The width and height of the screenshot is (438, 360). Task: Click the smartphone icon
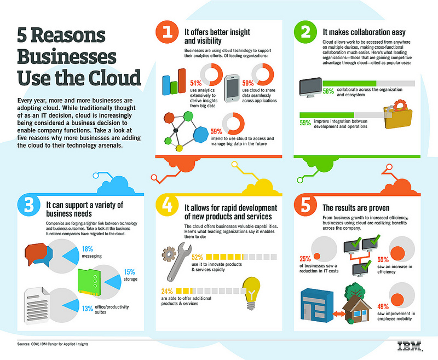[233, 85]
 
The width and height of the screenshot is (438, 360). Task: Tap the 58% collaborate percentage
[328, 91]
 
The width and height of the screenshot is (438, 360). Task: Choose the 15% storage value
[130, 271]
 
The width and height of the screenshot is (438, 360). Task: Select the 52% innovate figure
[198, 257]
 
